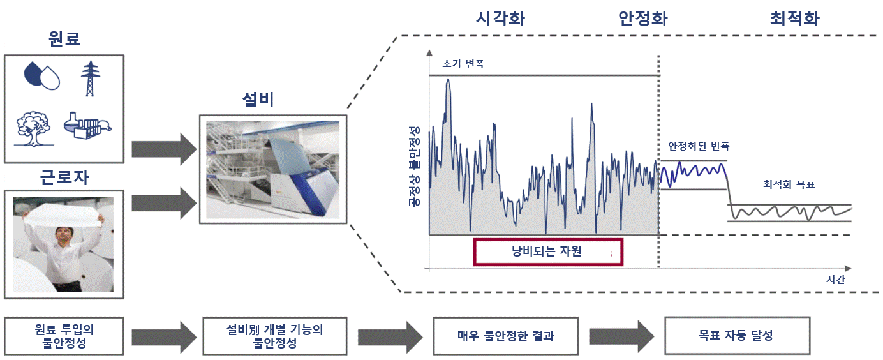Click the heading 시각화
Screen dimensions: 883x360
(500, 19)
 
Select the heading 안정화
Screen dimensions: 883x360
(643, 19)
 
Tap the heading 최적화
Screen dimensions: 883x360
(795, 19)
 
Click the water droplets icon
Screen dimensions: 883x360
(41, 76)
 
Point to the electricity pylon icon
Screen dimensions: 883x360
(90, 79)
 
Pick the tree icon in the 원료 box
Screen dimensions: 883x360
(34, 129)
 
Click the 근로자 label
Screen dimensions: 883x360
(64, 177)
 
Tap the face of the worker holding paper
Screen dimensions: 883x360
(63, 235)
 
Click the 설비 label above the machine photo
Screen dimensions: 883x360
(258, 100)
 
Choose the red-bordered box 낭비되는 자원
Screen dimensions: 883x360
(548, 251)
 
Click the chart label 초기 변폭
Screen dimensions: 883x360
(463, 64)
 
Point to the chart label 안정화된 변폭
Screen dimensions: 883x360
(699, 146)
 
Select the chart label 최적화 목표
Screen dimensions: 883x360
(789, 184)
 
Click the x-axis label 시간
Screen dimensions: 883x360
(836, 279)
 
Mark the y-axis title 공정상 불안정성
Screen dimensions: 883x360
(414, 167)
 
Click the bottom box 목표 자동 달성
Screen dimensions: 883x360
(737, 336)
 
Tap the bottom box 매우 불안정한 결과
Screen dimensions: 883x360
(506, 336)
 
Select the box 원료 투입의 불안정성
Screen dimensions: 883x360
(64, 336)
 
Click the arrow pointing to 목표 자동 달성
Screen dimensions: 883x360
(621, 336)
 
